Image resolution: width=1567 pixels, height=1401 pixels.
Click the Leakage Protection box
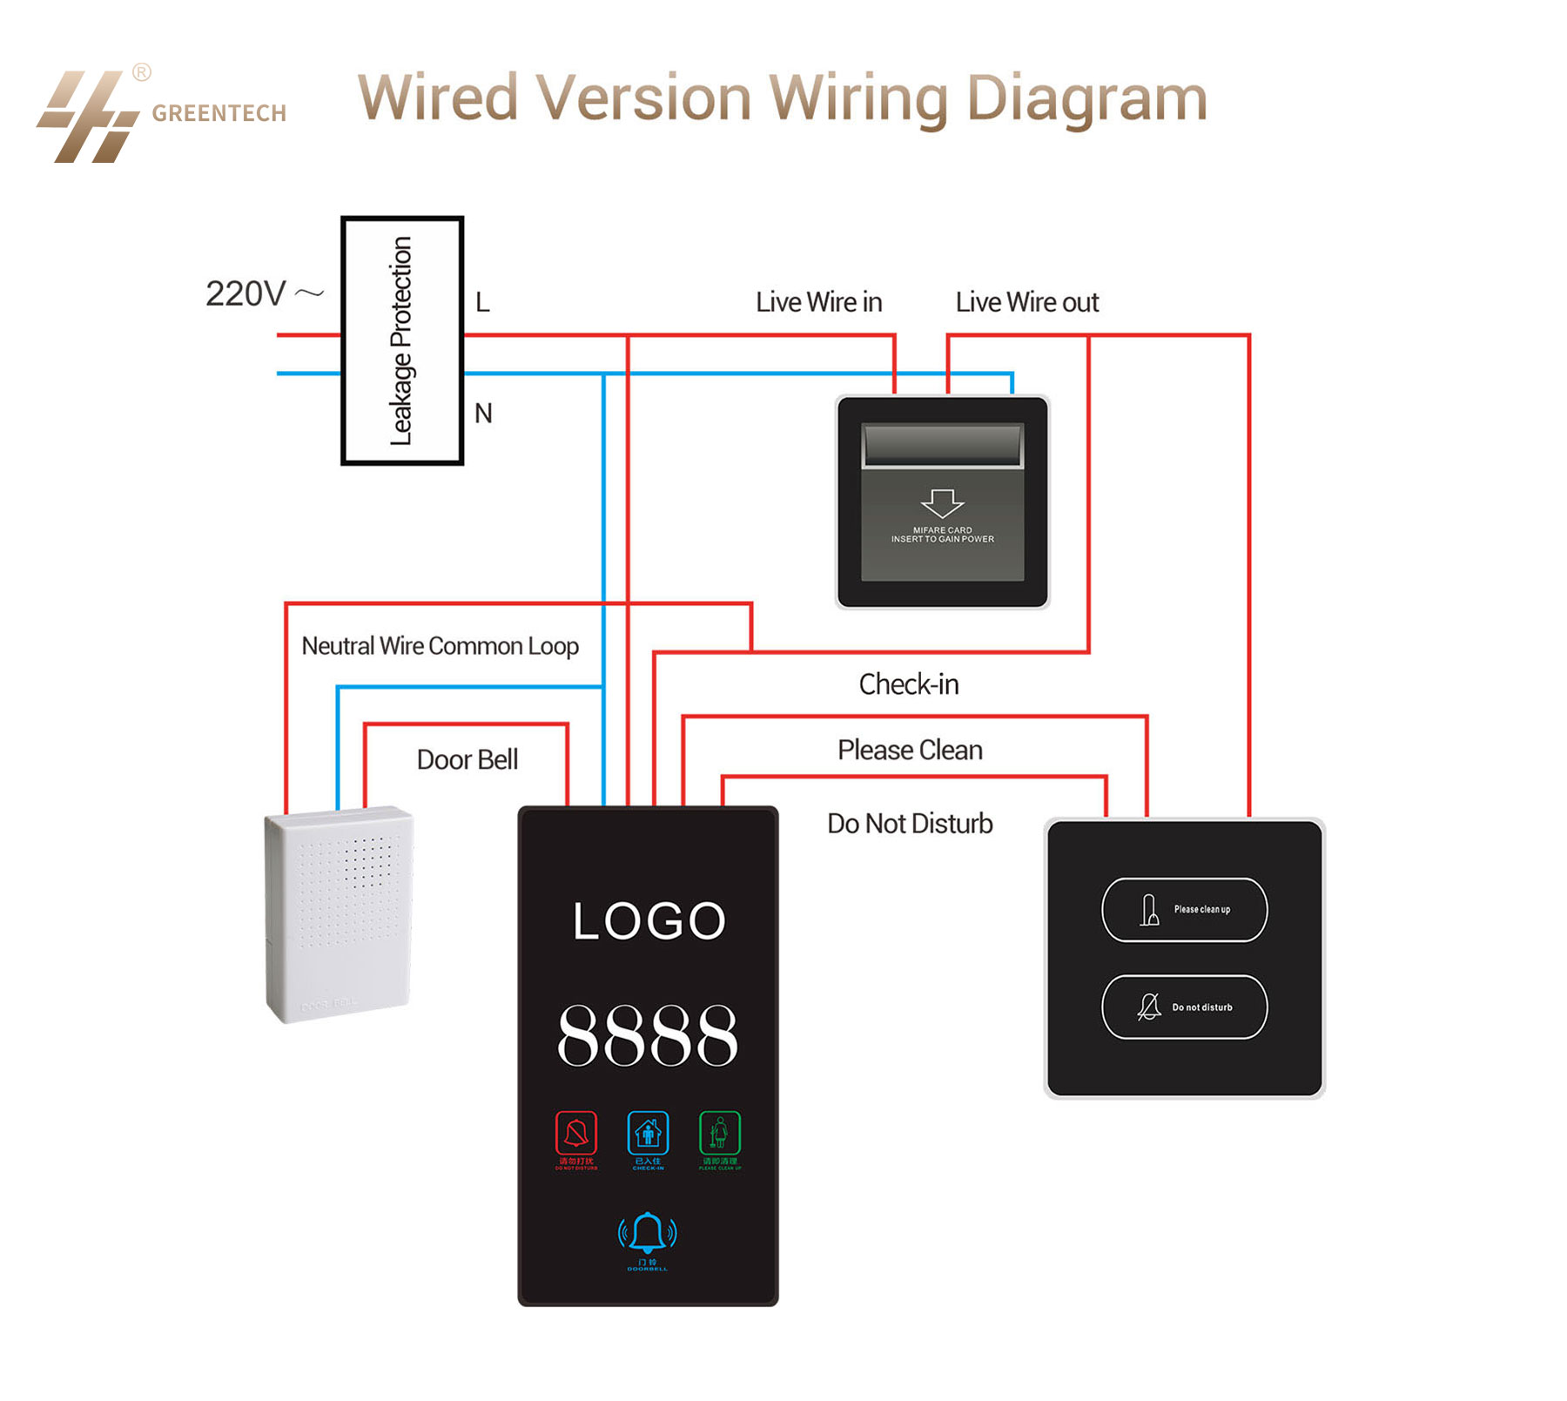pyautogui.click(x=401, y=340)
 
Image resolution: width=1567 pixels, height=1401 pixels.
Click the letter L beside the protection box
pyautogui.click(x=482, y=302)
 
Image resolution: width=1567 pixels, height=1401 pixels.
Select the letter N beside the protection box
pyautogui.click(x=483, y=413)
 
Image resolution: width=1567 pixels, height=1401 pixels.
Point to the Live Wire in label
pyautogui.click(x=818, y=302)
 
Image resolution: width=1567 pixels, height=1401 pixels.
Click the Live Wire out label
pyautogui.click(x=1026, y=302)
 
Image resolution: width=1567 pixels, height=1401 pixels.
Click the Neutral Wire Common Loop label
pyautogui.click(x=440, y=646)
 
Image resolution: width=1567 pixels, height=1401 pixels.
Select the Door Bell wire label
pyautogui.click(x=467, y=759)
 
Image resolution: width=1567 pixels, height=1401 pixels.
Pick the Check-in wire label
pyautogui.click(x=908, y=684)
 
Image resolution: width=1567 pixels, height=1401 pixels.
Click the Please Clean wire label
pyautogui.click(x=910, y=750)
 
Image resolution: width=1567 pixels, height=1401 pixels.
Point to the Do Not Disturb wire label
pyautogui.click(x=910, y=823)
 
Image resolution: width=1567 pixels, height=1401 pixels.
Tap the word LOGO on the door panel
pyautogui.click(x=649, y=921)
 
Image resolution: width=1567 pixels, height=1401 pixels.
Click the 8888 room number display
pyautogui.click(x=648, y=1035)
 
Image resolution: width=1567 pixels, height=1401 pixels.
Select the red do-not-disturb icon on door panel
pyautogui.click(x=576, y=1133)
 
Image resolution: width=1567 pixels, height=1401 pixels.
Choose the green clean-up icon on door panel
pyautogui.click(x=720, y=1133)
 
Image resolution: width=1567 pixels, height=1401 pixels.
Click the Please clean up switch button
pyautogui.click(x=1184, y=909)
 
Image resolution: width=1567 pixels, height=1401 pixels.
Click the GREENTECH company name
pyautogui.click(x=219, y=113)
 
